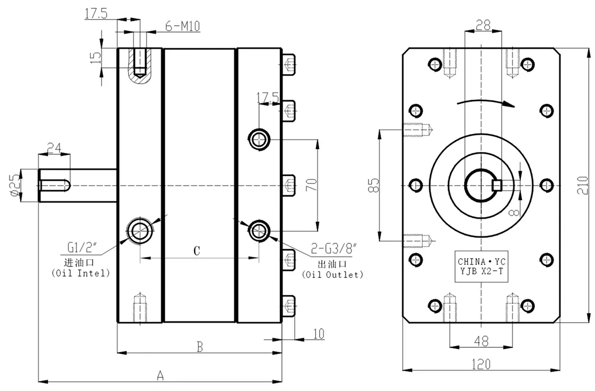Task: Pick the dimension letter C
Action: pyautogui.click(x=197, y=251)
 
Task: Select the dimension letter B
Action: pyautogui.click(x=199, y=347)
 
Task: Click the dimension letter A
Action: pyautogui.click(x=160, y=374)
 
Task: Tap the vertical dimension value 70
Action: pyautogui.click(x=312, y=185)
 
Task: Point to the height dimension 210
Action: pyautogui.click(x=584, y=185)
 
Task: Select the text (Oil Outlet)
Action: pyautogui.click(x=332, y=275)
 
